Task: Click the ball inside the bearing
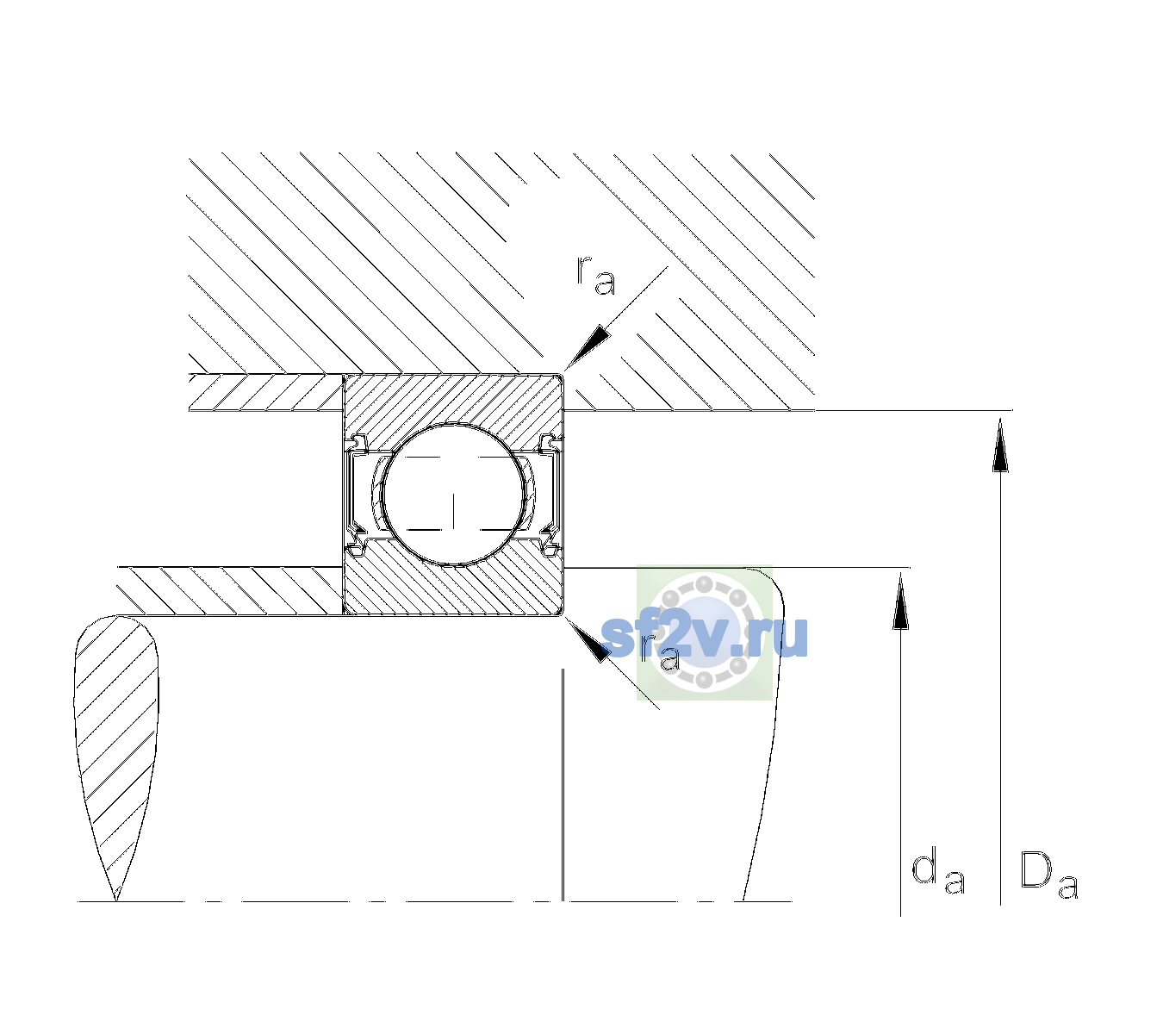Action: pyautogui.click(x=453, y=495)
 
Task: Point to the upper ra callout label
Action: pyautogui.click(x=596, y=276)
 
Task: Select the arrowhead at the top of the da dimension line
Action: pyautogui.click(x=900, y=601)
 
